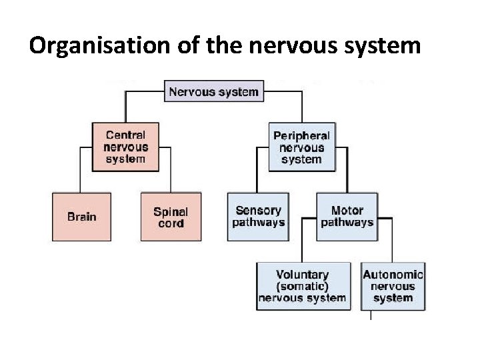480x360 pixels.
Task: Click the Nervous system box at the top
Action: (x=213, y=91)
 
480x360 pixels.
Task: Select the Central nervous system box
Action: (x=125, y=147)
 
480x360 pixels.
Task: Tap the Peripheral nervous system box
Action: (x=301, y=147)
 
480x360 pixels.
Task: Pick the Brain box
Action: (x=81, y=217)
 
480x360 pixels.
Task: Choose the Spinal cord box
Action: (x=171, y=217)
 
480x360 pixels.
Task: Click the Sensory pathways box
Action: (x=258, y=217)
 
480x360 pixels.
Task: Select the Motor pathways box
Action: (x=347, y=217)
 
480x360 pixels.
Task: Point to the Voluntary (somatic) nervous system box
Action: (x=302, y=287)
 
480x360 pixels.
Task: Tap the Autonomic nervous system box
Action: (x=393, y=287)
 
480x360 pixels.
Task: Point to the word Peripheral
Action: (x=301, y=135)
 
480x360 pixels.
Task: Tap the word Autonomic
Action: (x=393, y=275)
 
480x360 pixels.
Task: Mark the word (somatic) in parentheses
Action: (x=302, y=287)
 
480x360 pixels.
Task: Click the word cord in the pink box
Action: (x=171, y=223)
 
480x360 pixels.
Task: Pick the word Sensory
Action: (x=258, y=211)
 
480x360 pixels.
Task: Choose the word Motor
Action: (x=347, y=211)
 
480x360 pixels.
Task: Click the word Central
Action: (x=125, y=135)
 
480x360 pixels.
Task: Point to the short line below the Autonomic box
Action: (x=371, y=315)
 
